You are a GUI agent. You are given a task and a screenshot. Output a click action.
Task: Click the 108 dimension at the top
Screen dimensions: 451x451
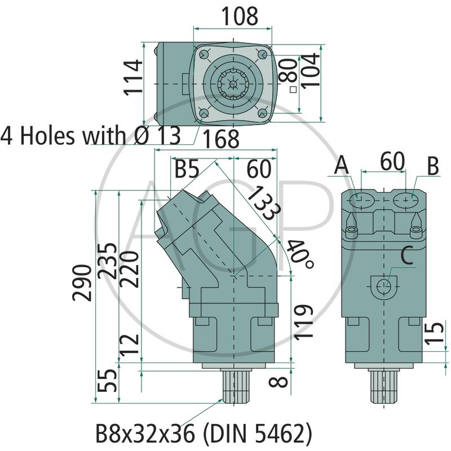click(240, 16)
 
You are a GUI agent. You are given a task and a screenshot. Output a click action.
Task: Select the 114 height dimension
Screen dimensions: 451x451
click(132, 77)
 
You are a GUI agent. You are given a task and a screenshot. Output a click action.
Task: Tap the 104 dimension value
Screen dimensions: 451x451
click(311, 70)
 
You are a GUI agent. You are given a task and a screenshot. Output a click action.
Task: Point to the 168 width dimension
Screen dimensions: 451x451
click(221, 139)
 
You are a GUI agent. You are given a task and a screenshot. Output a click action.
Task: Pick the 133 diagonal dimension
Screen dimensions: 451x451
click(263, 203)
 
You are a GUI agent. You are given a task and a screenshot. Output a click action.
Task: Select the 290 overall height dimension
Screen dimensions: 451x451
click(82, 283)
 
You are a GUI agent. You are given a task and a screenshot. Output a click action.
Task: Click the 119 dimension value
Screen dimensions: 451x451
click(303, 322)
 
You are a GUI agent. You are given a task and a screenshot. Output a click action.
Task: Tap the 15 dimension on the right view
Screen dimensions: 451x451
click(435, 333)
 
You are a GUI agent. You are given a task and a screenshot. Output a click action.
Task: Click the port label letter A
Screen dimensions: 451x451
click(342, 165)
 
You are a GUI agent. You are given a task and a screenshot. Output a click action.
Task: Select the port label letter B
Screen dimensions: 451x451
click(433, 166)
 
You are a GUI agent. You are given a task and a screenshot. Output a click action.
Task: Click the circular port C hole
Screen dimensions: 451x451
click(384, 286)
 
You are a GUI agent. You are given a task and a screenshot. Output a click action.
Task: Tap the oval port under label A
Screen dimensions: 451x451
click(361, 200)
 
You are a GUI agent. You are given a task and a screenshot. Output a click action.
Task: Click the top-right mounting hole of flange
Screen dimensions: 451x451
click(262, 54)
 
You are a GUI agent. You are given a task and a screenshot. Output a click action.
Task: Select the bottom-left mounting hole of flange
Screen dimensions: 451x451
click(204, 113)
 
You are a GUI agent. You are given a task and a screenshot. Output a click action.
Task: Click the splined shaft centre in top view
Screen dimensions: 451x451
click(232, 84)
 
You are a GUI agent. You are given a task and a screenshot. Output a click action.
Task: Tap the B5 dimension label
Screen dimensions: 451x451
click(187, 169)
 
